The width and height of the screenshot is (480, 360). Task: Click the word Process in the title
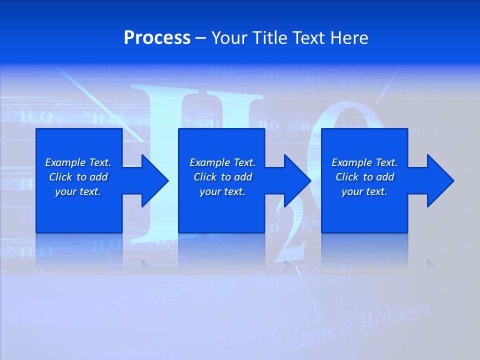point(157,37)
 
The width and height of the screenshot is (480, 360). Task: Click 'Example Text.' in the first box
point(78,162)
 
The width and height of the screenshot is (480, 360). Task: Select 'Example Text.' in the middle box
point(222,162)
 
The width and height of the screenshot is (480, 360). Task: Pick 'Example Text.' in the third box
point(364,162)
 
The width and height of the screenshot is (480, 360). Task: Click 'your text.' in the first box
point(78,191)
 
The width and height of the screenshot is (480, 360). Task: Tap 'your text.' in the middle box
point(222,191)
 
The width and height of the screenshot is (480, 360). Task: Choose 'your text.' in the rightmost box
point(364,191)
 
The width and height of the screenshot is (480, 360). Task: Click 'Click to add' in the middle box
point(222,177)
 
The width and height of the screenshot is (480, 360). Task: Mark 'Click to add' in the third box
point(364,177)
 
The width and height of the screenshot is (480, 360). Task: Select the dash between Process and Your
point(200,37)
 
